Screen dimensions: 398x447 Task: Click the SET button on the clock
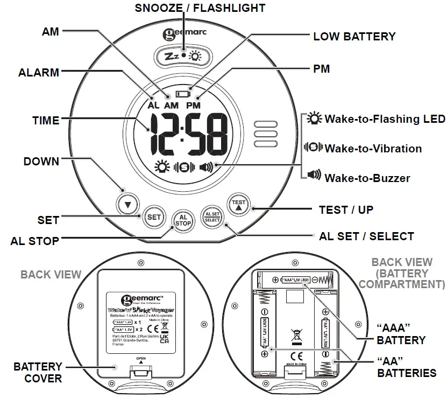154,217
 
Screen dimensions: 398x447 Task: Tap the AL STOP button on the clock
183,221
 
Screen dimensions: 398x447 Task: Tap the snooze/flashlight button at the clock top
183,56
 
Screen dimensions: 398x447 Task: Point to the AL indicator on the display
154,106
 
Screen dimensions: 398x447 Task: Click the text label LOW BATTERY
354,37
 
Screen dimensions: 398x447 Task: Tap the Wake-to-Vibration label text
373,149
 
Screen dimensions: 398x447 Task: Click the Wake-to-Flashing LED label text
385,119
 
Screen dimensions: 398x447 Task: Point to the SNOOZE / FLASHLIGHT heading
200,8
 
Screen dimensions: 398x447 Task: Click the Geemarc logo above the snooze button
183,33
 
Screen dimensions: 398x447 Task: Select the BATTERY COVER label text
38,373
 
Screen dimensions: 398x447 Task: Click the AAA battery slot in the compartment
295,280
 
